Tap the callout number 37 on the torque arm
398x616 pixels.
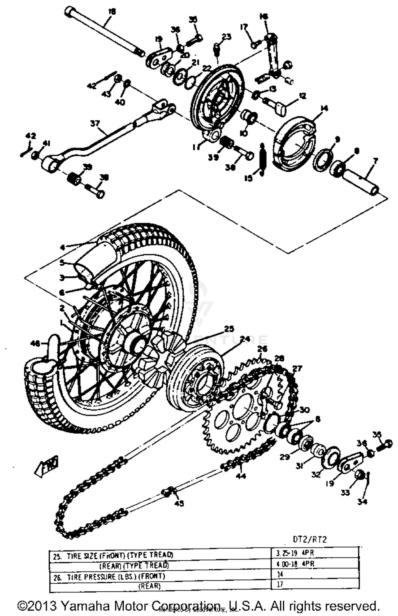[x=95, y=124]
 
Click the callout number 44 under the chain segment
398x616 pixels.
[x=241, y=476]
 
